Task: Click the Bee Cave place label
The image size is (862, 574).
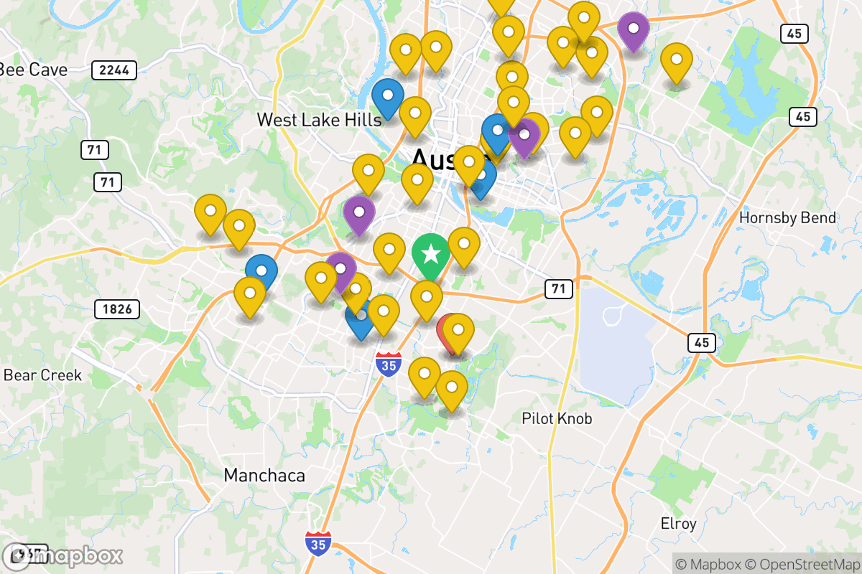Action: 33,70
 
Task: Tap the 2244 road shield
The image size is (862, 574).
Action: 114,70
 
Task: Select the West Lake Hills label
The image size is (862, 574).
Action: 319,120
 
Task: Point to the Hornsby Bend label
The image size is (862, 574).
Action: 788,217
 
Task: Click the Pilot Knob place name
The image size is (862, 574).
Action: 557,418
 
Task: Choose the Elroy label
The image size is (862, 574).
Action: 678,523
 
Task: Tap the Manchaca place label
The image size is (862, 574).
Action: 264,475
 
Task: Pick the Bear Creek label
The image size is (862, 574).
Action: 43,375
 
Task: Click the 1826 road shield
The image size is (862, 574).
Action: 117,309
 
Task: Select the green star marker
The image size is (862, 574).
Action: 430,254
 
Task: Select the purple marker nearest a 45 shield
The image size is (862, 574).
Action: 634,30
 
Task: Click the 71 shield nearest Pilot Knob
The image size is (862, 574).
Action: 558,289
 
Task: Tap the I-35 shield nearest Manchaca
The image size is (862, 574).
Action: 318,543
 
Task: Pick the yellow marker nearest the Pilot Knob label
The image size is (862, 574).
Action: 451,388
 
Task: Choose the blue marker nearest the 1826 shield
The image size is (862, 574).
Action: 261,272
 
